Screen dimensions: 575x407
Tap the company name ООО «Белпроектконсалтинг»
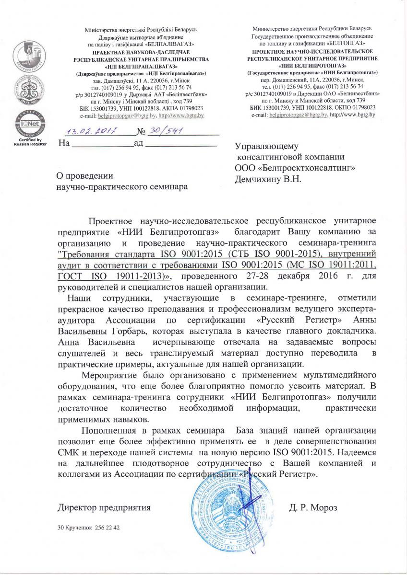[x=295, y=168]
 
